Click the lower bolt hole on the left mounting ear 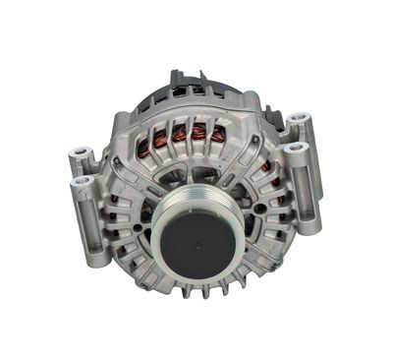[x=82, y=181]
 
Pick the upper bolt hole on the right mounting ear [x=297, y=120]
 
